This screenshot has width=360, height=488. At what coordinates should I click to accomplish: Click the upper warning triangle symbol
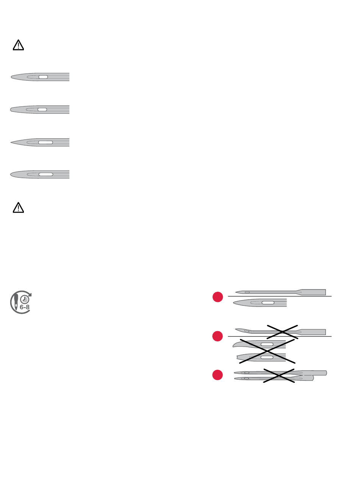[x=18, y=45]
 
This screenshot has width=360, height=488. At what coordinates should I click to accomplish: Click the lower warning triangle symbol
[x=18, y=208]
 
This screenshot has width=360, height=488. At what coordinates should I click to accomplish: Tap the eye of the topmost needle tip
[x=43, y=77]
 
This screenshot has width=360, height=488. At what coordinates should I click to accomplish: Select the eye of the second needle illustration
[x=42, y=109]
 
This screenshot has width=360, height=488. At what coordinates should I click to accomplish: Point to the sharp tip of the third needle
[x=11, y=142]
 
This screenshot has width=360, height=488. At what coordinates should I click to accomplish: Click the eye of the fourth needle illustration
[x=46, y=174]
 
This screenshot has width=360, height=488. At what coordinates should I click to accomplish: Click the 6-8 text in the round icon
[x=25, y=307]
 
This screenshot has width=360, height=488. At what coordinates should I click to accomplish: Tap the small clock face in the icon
[x=25, y=300]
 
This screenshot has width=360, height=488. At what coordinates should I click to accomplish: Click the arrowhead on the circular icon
[x=30, y=294]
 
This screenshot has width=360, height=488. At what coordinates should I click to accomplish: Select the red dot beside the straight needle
[x=218, y=297]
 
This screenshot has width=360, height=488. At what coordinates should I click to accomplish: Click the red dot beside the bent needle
[x=218, y=336]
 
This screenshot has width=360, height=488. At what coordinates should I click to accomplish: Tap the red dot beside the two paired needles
[x=218, y=375]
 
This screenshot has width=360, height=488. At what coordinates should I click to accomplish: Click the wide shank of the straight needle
[x=314, y=292]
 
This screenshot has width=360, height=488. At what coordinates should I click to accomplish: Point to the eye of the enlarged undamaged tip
[x=268, y=303]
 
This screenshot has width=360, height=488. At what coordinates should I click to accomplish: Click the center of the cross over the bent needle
[x=282, y=332]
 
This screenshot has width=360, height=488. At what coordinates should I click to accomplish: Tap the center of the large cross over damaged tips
[x=267, y=351]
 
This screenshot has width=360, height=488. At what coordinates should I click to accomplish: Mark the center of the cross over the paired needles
[x=279, y=375]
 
